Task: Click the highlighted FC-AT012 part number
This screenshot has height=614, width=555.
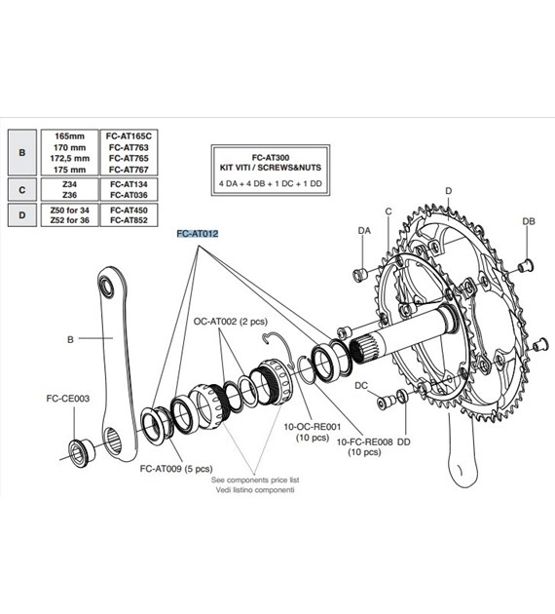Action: pyautogui.click(x=197, y=235)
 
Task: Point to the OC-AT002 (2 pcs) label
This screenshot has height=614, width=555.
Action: pyautogui.click(x=231, y=320)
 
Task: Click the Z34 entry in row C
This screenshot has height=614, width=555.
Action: pyautogui.click(x=71, y=184)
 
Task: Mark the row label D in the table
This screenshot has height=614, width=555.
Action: pyautogui.click(x=21, y=214)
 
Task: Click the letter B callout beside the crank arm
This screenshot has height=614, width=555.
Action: pyautogui.click(x=70, y=340)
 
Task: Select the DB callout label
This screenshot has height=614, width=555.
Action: pyautogui.click(x=529, y=221)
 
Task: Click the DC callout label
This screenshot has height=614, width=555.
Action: pyautogui.click(x=362, y=385)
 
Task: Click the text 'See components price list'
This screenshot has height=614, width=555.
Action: pyautogui.click(x=256, y=481)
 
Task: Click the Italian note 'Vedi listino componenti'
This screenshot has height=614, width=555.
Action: pyautogui.click(x=256, y=491)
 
